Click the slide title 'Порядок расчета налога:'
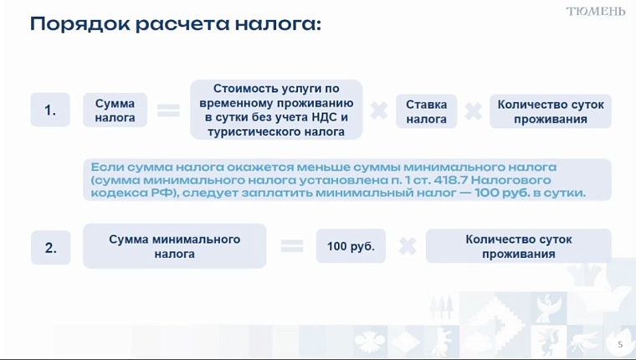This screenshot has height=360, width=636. click(175, 23)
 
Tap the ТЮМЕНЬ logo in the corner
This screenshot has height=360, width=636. click(595, 11)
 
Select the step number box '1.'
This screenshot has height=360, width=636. click(50, 111)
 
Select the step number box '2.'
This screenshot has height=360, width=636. click(50, 248)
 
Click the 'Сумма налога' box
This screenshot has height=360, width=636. click(115, 111)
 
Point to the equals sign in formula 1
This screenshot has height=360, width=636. click(168, 111)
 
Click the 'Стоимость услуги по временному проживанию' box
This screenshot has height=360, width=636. click(276, 110)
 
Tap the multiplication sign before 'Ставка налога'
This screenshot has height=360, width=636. click(379, 111)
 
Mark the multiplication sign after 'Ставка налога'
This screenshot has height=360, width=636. click(474, 111)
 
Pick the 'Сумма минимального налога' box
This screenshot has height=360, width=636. click(174, 246)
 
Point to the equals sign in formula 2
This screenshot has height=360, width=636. click(291, 246)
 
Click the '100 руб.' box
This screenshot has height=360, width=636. click(351, 246)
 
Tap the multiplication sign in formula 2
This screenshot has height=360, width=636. click(408, 246)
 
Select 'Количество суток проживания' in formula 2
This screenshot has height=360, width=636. click(518, 246)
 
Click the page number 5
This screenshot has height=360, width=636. click(620, 345)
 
